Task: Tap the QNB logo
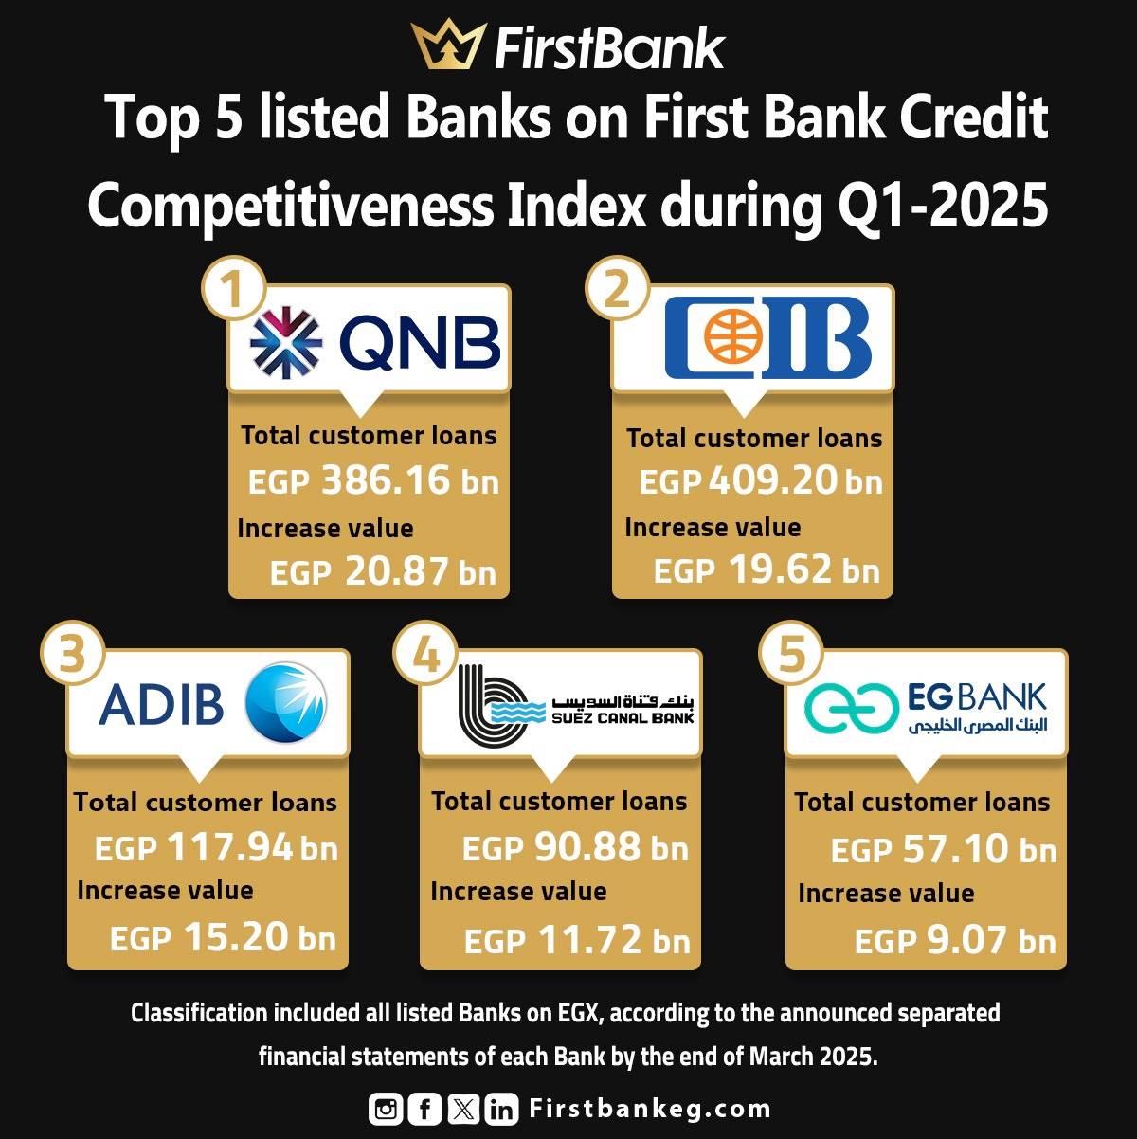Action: click(375, 343)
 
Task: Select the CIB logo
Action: click(768, 337)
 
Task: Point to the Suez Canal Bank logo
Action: click(576, 702)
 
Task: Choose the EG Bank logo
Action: click(926, 708)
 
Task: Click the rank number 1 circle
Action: click(233, 288)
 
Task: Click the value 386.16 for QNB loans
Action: click(386, 479)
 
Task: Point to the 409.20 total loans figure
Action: click(773, 479)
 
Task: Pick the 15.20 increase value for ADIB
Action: click(235, 936)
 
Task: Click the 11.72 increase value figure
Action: click(590, 939)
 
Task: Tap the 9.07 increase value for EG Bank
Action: click(966, 939)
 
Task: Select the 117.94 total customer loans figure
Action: click(230, 846)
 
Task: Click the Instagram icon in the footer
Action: click(386, 1109)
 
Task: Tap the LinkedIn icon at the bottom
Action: click(501, 1109)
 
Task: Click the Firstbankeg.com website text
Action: click(650, 1109)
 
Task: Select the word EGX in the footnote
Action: click(580, 1013)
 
